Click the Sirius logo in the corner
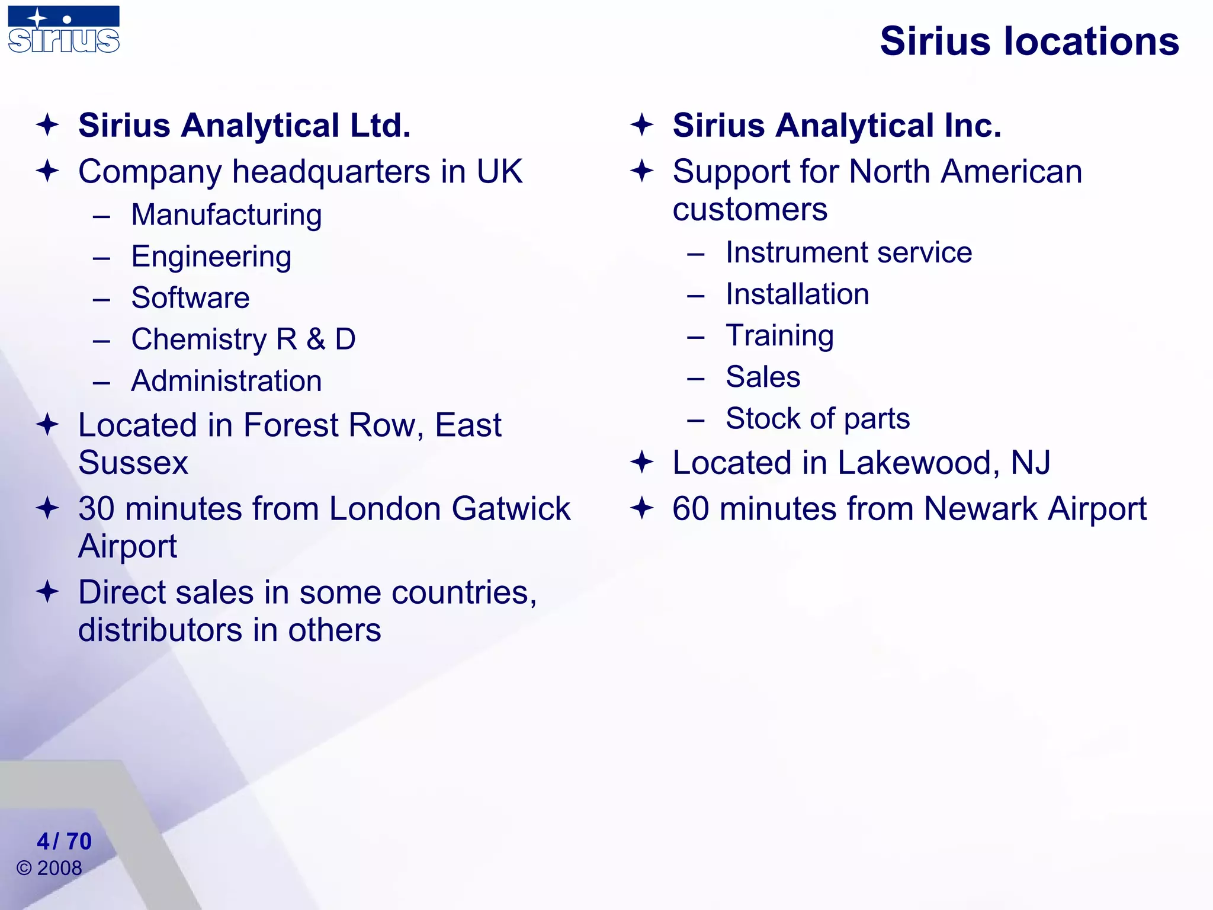click(64, 30)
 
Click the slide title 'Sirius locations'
click(1029, 41)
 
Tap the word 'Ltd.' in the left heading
click(380, 126)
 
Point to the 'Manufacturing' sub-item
click(226, 215)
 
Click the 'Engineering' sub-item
click(211, 257)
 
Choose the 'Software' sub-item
click(190, 297)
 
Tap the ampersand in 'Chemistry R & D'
click(316, 339)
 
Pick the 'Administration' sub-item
click(226, 381)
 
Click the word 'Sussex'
click(133, 463)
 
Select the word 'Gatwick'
click(511, 509)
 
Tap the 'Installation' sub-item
click(797, 294)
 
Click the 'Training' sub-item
click(779, 336)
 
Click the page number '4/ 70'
click(64, 841)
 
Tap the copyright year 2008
click(59, 869)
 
